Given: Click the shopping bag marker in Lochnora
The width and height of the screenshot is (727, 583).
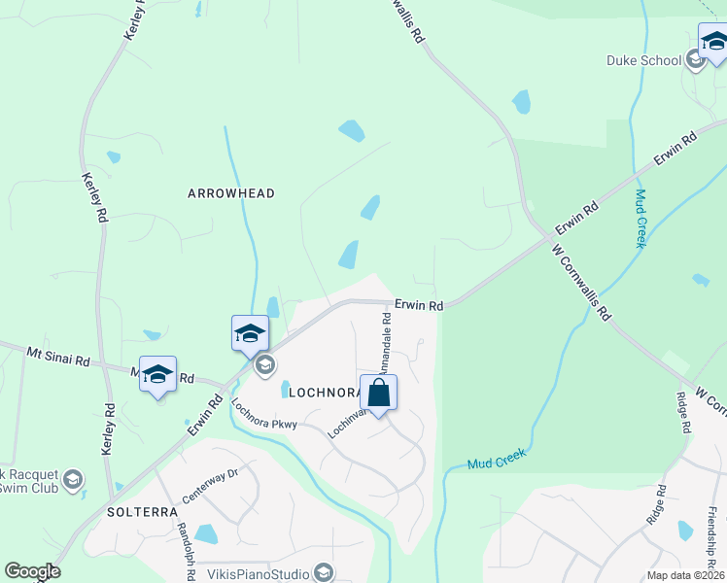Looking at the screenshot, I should coord(379,394).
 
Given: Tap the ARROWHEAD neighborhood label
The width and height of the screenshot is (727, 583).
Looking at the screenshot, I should coord(231,193).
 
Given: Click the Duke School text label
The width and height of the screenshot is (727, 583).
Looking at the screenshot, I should coord(644,60).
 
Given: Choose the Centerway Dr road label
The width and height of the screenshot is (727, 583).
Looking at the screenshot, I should coord(209,485).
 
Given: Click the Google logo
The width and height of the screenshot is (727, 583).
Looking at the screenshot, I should coord(32,571).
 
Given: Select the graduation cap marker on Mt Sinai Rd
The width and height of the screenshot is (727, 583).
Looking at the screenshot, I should coord(157,374).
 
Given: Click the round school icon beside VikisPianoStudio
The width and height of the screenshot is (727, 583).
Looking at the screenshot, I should coord(325,572).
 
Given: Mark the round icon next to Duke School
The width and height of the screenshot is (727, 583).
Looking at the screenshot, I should coord(695,60).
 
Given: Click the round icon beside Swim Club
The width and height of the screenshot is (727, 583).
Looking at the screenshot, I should coord(73,479).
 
